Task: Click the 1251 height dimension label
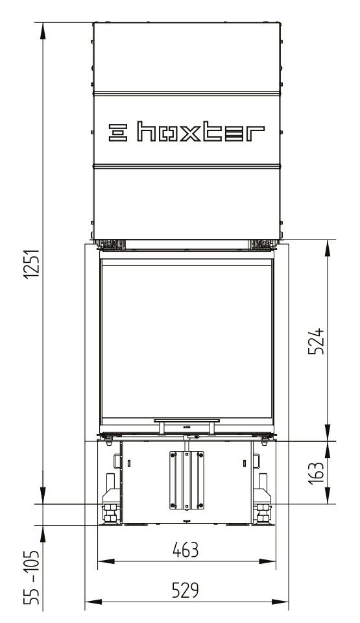(x=32, y=264)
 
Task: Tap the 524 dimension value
(x=317, y=341)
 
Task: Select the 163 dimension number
(x=317, y=473)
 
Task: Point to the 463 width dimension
(x=186, y=550)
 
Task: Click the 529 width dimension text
(x=186, y=591)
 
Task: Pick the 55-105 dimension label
(x=32, y=578)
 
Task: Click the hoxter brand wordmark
(x=200, y=132)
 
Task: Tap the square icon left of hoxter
(x=118, y=132)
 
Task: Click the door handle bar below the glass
(x=187, y=421)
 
